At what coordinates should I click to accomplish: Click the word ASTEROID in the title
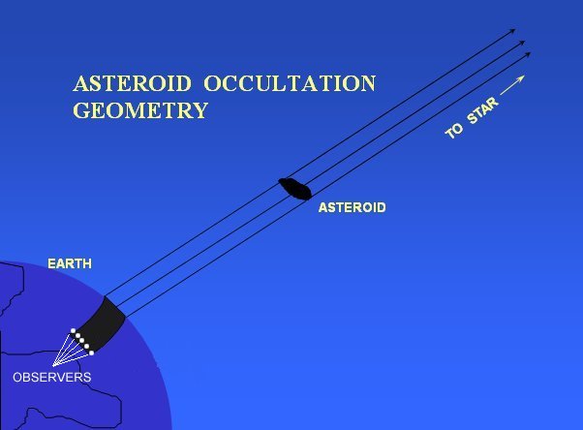pyautogui.click(x=132, y=83)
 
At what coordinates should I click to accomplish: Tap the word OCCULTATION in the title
pyautogui.click(x=290, y=83)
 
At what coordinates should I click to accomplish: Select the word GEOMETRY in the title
pyautogui.click(x=140, y=110)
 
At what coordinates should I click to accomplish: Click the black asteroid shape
pyautogui.click(x=294, y=189)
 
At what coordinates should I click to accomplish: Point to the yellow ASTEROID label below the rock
pyautogui.click(x=353, y=207)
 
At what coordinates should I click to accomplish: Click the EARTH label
pyautogui.click(x=70, y=263)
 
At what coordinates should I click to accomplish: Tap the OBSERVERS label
pyautogui.click(x=52, y=377)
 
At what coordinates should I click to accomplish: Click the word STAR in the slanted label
pyautogui.click(x=482, y=110)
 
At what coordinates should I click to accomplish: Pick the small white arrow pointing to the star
pyautogui.click(x=512, y=85)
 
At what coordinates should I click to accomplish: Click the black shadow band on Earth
pyautogui.click(x=102, y=324)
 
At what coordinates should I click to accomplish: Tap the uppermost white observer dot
pyautogui.click(x=74, y=330)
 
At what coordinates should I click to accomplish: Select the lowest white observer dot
pyautogui.click(x=91, y=353)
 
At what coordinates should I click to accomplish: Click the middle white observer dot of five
pyautogui.click(x=82, y=341)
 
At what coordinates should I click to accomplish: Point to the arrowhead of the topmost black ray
pyautogui.click(x=512, y=30)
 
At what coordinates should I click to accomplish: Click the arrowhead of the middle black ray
pyautogui.click(x=522, y=43)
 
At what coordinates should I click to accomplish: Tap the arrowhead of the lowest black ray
pyautogui.click(x=528, y=54)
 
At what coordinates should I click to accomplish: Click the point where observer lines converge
pyautogui.click(x=53, y=366)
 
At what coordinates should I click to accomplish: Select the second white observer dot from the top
pyautogui.click(x=77, y=335)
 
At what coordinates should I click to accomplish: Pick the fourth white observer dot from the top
pyautogui.click(x=86, y=347)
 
